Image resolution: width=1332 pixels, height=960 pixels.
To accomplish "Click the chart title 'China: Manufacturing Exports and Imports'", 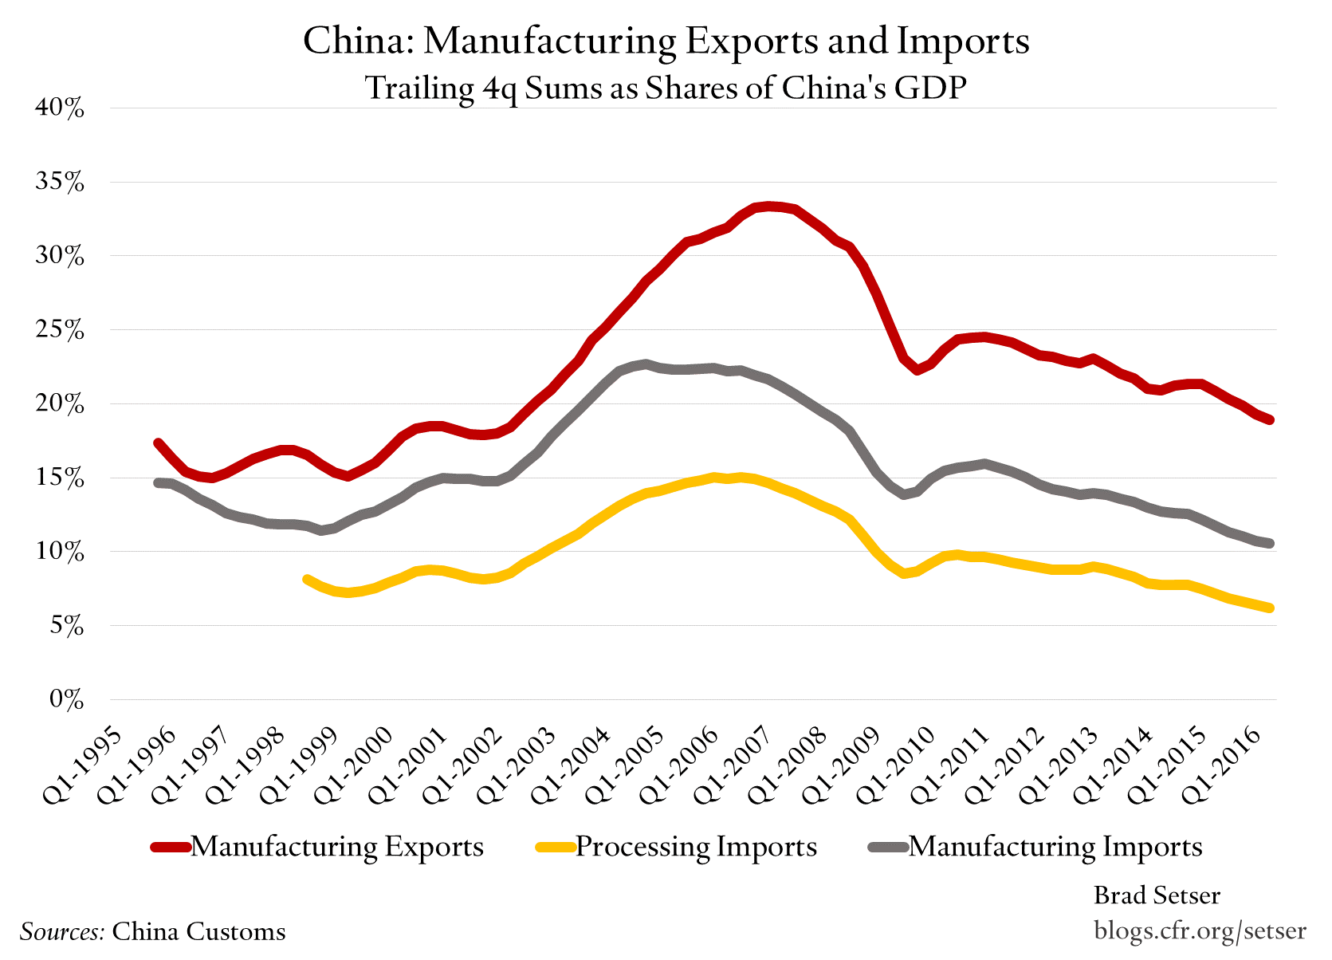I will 666,41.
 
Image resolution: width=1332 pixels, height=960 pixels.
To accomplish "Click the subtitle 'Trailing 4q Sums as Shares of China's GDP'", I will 666,88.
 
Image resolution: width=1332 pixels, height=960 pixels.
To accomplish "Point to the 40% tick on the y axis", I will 60,108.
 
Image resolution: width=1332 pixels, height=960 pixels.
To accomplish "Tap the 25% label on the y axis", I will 60,330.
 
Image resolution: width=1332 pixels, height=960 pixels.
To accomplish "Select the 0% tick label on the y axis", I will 66,699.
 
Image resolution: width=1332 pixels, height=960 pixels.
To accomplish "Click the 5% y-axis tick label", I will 66,626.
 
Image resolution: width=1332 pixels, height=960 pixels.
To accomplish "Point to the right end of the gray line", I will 1269,544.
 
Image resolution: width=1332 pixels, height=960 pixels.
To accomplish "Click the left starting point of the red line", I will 158,443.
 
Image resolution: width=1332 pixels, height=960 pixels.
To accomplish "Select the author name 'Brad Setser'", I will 1156,895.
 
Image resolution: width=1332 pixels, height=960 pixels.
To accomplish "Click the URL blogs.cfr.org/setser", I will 1200,930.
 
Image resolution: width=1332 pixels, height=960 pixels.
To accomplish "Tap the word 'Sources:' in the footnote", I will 62,931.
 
